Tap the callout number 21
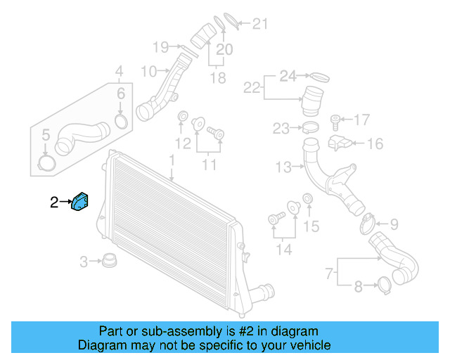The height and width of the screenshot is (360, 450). click(260, 25)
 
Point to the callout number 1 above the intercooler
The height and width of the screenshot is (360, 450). click(171, 162)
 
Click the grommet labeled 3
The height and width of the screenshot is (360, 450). click(109, 262)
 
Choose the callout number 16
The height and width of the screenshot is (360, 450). click(375, 144)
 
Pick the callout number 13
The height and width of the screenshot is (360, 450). click(282, 167)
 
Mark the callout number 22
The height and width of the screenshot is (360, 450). click(252, 88)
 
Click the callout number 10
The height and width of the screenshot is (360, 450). click(148, 71)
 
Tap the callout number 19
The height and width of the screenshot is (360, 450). click(161, 48)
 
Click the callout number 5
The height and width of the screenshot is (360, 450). click(45, 134)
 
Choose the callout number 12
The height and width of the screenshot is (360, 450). click(183, 144)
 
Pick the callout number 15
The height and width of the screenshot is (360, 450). click(311, 226)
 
